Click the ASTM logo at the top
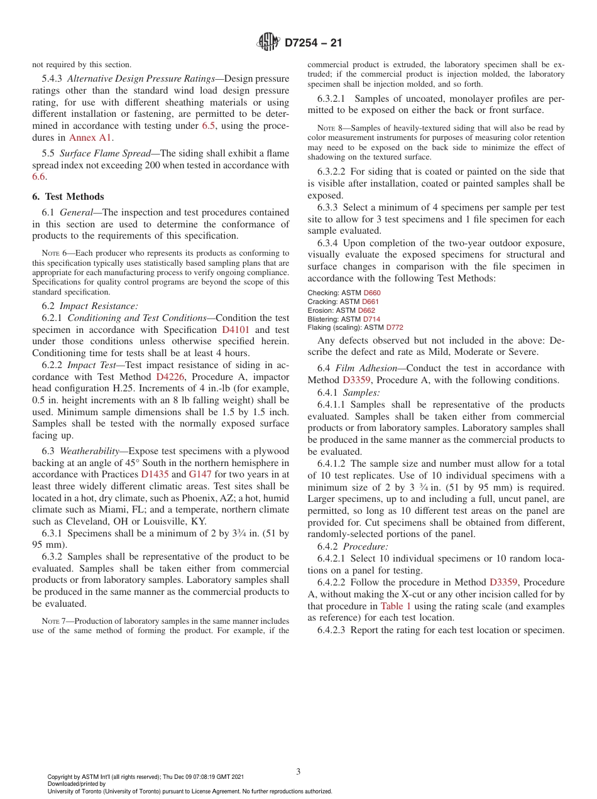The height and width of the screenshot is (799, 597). [x=268, y=43]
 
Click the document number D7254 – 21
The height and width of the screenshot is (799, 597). [x=313, y=43]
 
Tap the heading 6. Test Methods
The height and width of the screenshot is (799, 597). [x=68, y=197]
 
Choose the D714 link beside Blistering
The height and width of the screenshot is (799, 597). [x=373, y=319]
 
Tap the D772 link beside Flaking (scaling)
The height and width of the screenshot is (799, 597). [x=395, y=327]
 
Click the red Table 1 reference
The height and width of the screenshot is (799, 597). [x=396, y=606]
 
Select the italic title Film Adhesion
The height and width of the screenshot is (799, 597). [x=364, y=368]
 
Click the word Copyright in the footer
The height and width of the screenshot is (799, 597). [x=61, y=777]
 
